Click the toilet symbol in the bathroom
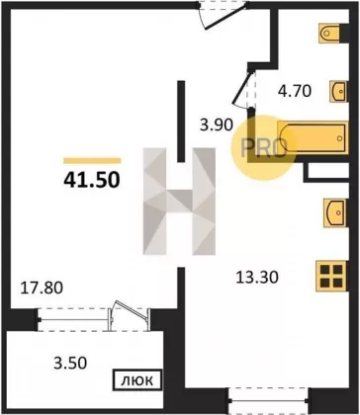tap(329, 33)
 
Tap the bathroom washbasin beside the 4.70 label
tap(338, 91)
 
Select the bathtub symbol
tap(313, 137)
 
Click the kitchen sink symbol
tap(335, 212)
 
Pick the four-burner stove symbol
tap(331, 276)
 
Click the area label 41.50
tap(91, 180)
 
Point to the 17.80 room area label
tap(42, 289)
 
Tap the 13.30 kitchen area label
tap(257, 278)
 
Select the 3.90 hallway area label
tap(217, 125)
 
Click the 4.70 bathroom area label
tap(295, 91)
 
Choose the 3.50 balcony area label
tap(70, 363)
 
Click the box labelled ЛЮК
tap(137, 380)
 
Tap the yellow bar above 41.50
tap(92, 160)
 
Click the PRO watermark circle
tap(263, 148)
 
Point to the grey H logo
tap(179, 202)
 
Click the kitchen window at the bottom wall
tap(269, 401)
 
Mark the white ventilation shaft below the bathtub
tap(328, 171)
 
